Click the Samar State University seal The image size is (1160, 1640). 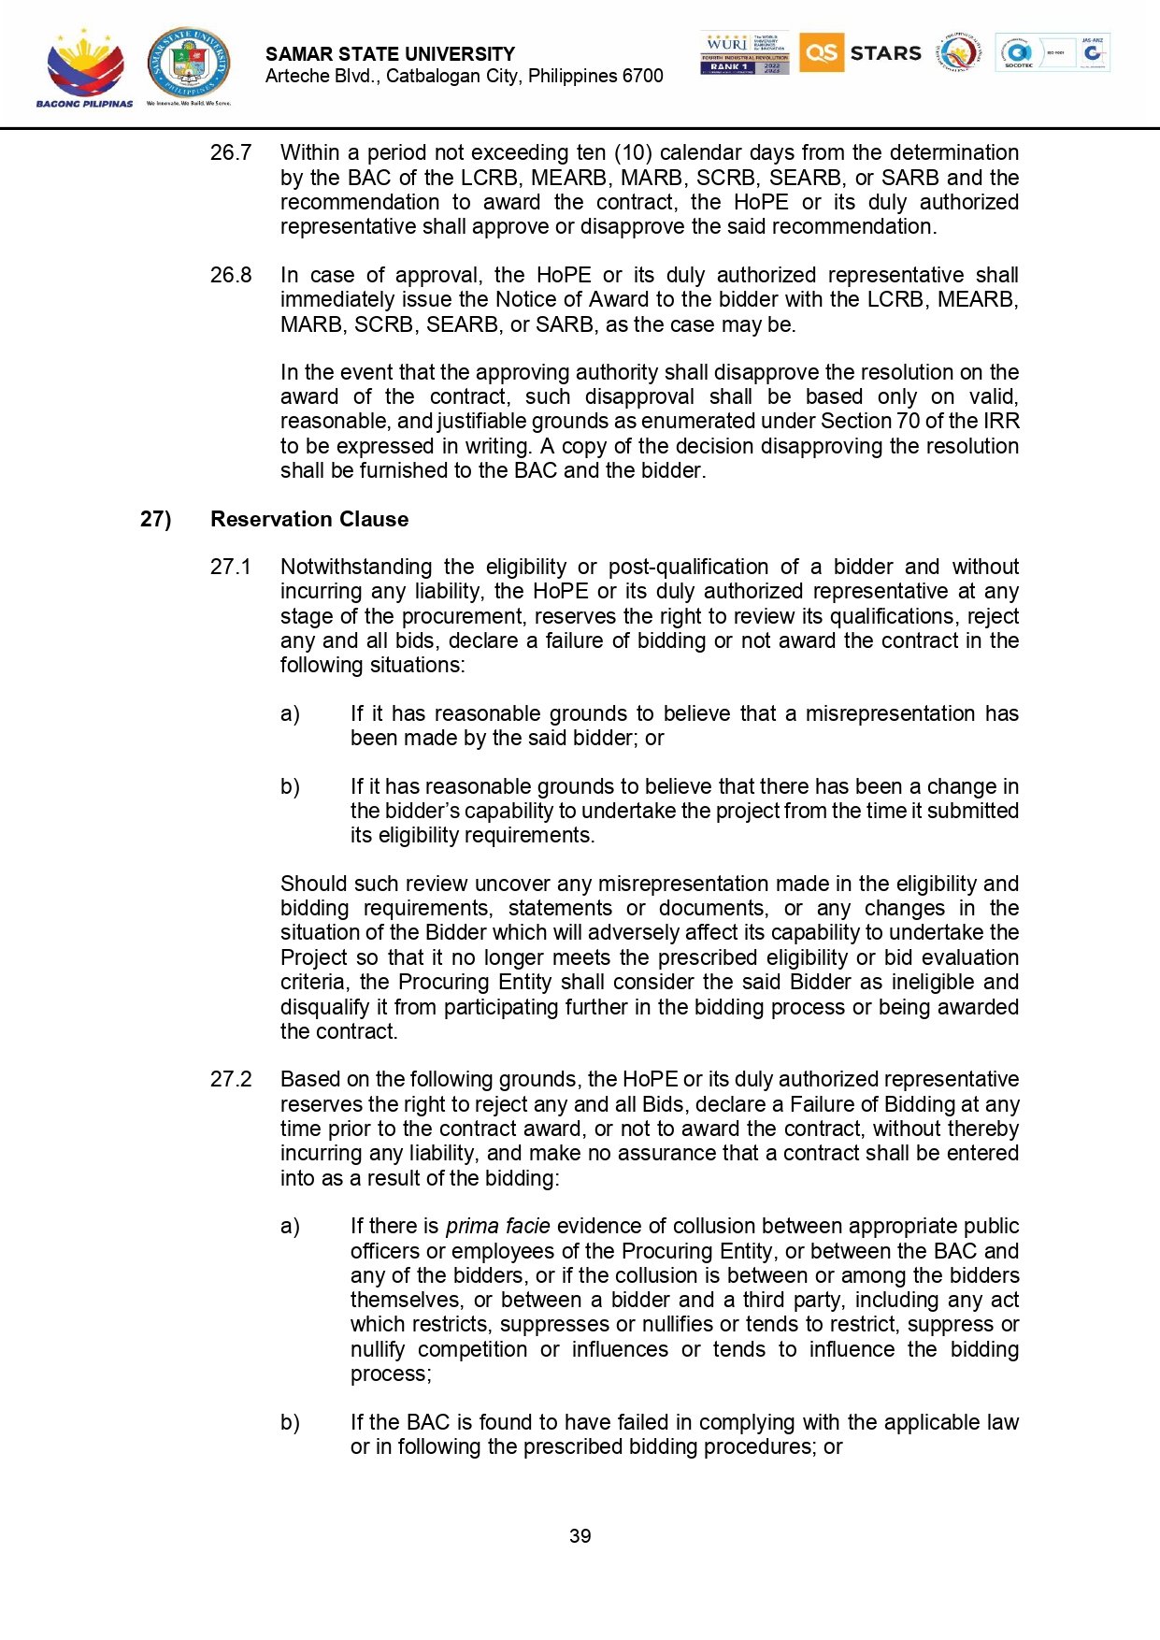pos(188,63)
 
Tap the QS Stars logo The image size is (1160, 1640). pos(860,52)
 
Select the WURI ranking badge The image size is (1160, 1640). pos(744,52)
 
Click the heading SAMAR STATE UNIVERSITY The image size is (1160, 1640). pos(390,54)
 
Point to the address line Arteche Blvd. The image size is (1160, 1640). pos(464,76)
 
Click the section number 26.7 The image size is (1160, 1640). pos(231,152)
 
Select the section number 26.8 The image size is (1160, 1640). pos(231,275)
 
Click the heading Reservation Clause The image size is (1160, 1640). pos(309,519)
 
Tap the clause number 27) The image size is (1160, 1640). pos(155,519)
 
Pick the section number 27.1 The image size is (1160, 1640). pos(231,567)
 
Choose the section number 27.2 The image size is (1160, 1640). pos(231,1079)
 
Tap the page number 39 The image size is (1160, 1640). pos(580,1536)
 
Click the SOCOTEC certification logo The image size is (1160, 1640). pos(1019,52)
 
